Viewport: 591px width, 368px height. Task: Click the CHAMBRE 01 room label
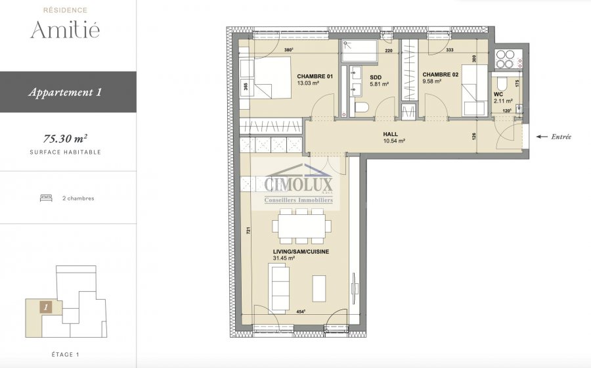click(315, 76)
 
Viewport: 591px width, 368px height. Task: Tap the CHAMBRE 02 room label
click(440, 75)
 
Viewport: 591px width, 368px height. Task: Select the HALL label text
click(391, 134)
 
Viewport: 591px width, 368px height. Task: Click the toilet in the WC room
click(502, 83)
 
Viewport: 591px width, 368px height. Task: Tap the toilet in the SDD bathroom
click(361, 108)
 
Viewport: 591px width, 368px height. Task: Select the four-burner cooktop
click(505, 59)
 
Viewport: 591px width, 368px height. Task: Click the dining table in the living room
click(302, 226)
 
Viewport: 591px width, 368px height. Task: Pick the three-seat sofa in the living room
click(278, 287)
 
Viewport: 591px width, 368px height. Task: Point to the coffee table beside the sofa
click(319, 288)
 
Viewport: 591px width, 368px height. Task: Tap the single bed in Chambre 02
click(475, 90)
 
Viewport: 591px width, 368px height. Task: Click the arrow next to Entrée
click(542, 137)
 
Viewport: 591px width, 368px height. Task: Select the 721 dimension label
click(248, 231)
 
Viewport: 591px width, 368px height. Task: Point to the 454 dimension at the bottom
click(301, 311)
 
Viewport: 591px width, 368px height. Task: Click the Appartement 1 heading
click(65, 93)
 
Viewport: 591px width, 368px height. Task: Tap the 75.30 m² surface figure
click(66, 139)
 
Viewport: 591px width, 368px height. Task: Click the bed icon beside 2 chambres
click(46, 198)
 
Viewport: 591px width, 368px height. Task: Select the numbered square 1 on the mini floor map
click(46, 308)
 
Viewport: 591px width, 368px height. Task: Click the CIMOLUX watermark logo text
click(299, 185)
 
